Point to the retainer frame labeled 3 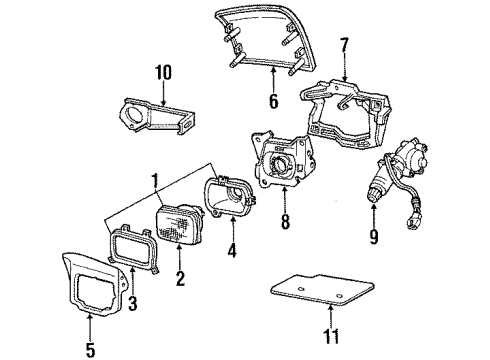(128, 252)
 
